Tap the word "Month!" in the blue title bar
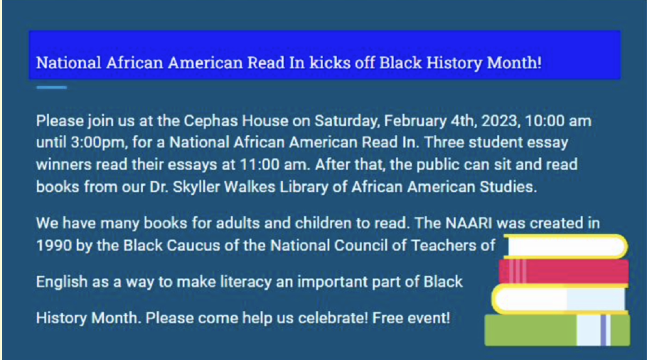click(x=514, y=63)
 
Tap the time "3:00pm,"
click(x=99, y=143)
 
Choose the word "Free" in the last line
click(x=387, y=318)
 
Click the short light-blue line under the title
click(x=52, y=88)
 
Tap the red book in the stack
click(x=564, y=272)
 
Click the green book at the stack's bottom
click(x=557, y=330)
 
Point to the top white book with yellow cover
click(x=565, y=246)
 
